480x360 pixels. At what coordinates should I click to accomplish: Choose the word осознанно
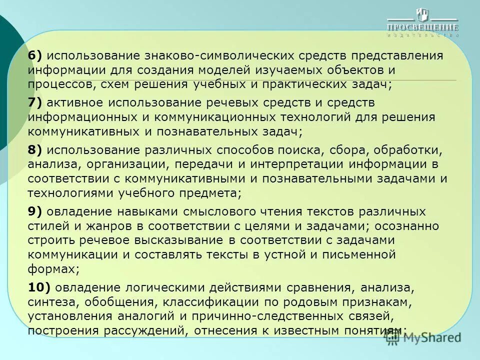pyautogui.click(x=406, y=225)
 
